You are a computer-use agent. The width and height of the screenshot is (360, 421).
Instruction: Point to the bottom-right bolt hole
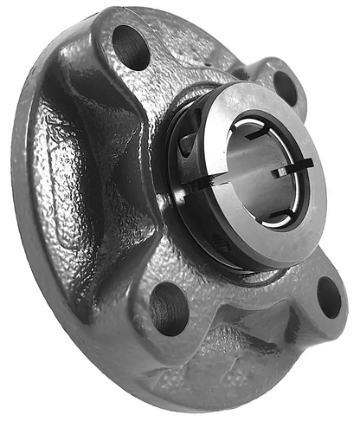click(x=330, y=297)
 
